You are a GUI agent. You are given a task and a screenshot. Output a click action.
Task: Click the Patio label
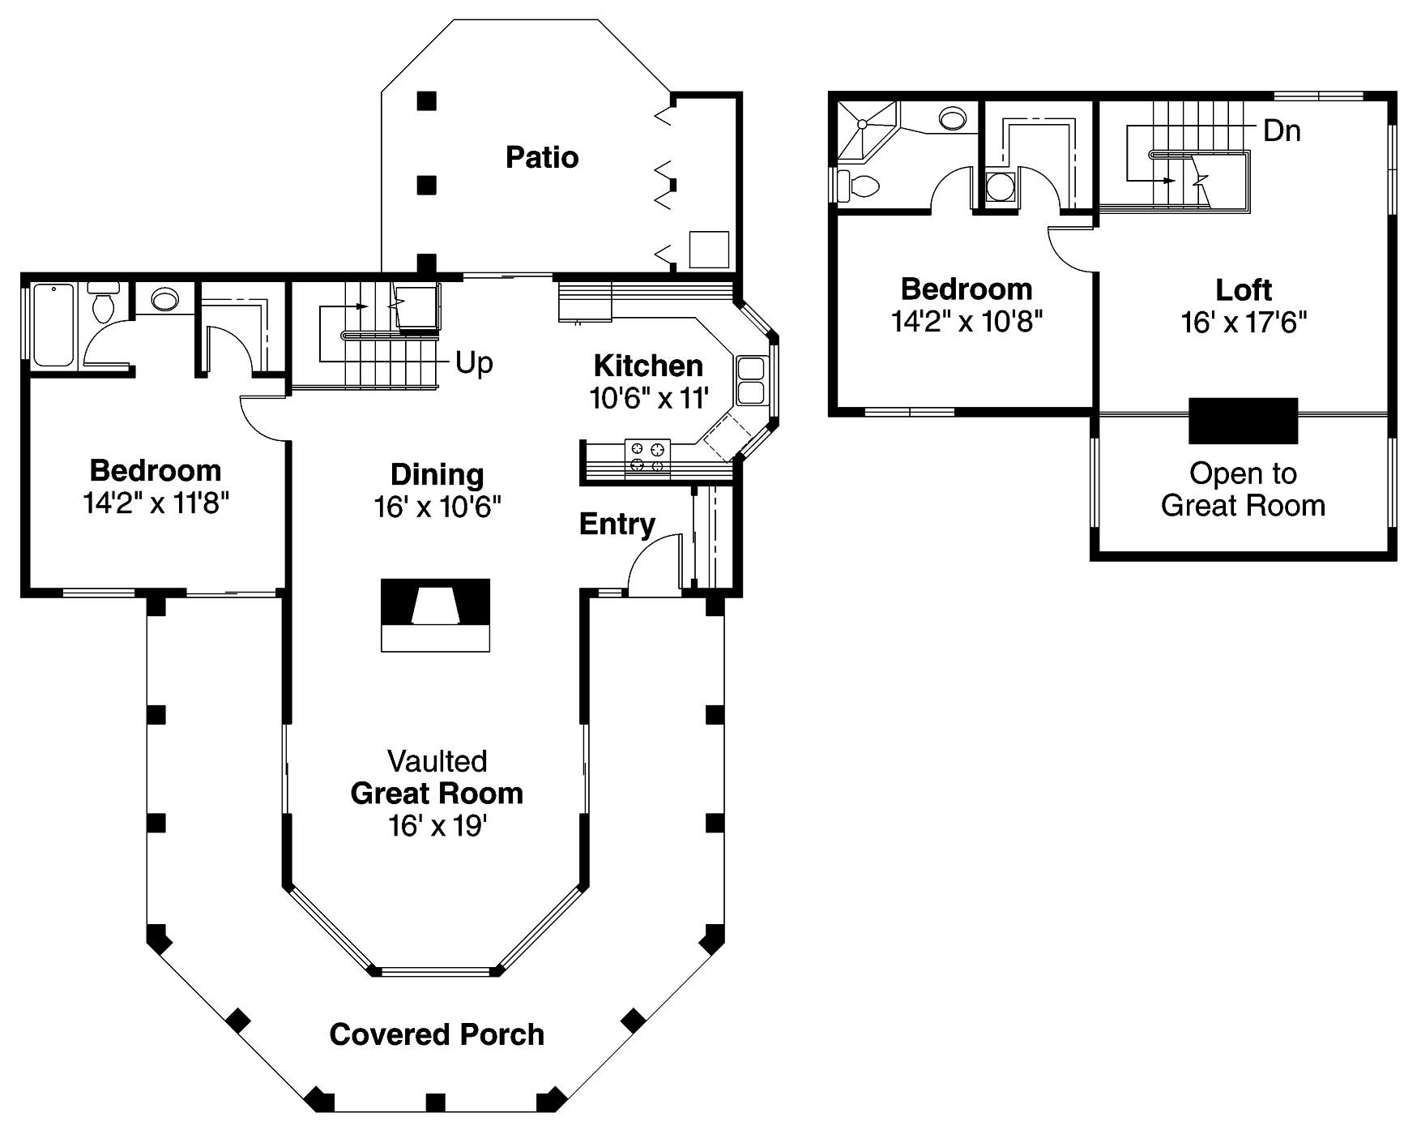pyautogui.click(x=541, y=157)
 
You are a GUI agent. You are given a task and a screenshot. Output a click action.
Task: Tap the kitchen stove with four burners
pyautogui.click(x=647, y=456)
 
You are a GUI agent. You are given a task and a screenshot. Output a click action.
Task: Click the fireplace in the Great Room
pyautogui.click(x=436, y=614)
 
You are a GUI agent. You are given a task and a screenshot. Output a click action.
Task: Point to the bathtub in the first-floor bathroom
pyautogui.click(x=53, y=323)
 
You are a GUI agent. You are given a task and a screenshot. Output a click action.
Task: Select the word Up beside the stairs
pyautogui.click(x=474, y=363)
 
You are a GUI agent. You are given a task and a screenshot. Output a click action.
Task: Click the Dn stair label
pyautogui.click(x=1282, y=131)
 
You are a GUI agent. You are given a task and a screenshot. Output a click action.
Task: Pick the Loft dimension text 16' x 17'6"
pyautogui.click(x=1244, y=323)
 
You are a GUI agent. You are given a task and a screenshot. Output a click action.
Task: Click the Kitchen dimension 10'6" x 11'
pyautogui.click(x=649, y=398)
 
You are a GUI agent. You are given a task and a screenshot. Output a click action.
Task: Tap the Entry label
pyautogui.click(x=617, y=524)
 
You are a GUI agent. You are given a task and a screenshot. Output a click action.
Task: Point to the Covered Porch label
pyautogui.click(x=437, y=1034)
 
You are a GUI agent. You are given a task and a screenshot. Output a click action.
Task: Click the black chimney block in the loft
pyautogui.click(x=1243, y=420)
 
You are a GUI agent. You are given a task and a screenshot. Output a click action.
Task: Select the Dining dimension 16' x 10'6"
pyautogui.click(x=437, y=507)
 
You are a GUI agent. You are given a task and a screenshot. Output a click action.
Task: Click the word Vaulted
pyautogui.click(x=437, y=761)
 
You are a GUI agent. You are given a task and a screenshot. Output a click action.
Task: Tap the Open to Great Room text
pyautogui.click(x=1243, y=490)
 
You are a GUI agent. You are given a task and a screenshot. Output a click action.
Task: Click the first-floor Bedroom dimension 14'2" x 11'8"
pyautogui.click(x=156, y=503)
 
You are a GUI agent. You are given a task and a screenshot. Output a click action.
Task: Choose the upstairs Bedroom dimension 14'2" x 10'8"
pyautogui.click(x=966, y=322)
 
